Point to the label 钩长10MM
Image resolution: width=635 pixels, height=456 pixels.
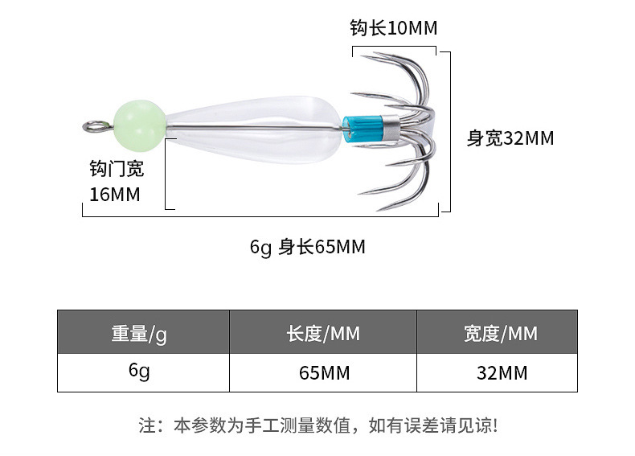(x=393, y=29)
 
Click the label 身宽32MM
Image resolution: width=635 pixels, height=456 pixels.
(x=510, y=138)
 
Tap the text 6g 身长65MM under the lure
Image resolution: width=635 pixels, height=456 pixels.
(x=308, y=247)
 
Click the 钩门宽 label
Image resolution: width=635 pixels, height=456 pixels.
(x=117, y=169)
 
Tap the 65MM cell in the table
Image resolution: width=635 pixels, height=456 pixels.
(x=324, y=373)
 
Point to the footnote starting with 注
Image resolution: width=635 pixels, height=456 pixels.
(x=318, y=425)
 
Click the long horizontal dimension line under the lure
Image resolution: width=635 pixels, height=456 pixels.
(x=261, y=216)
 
